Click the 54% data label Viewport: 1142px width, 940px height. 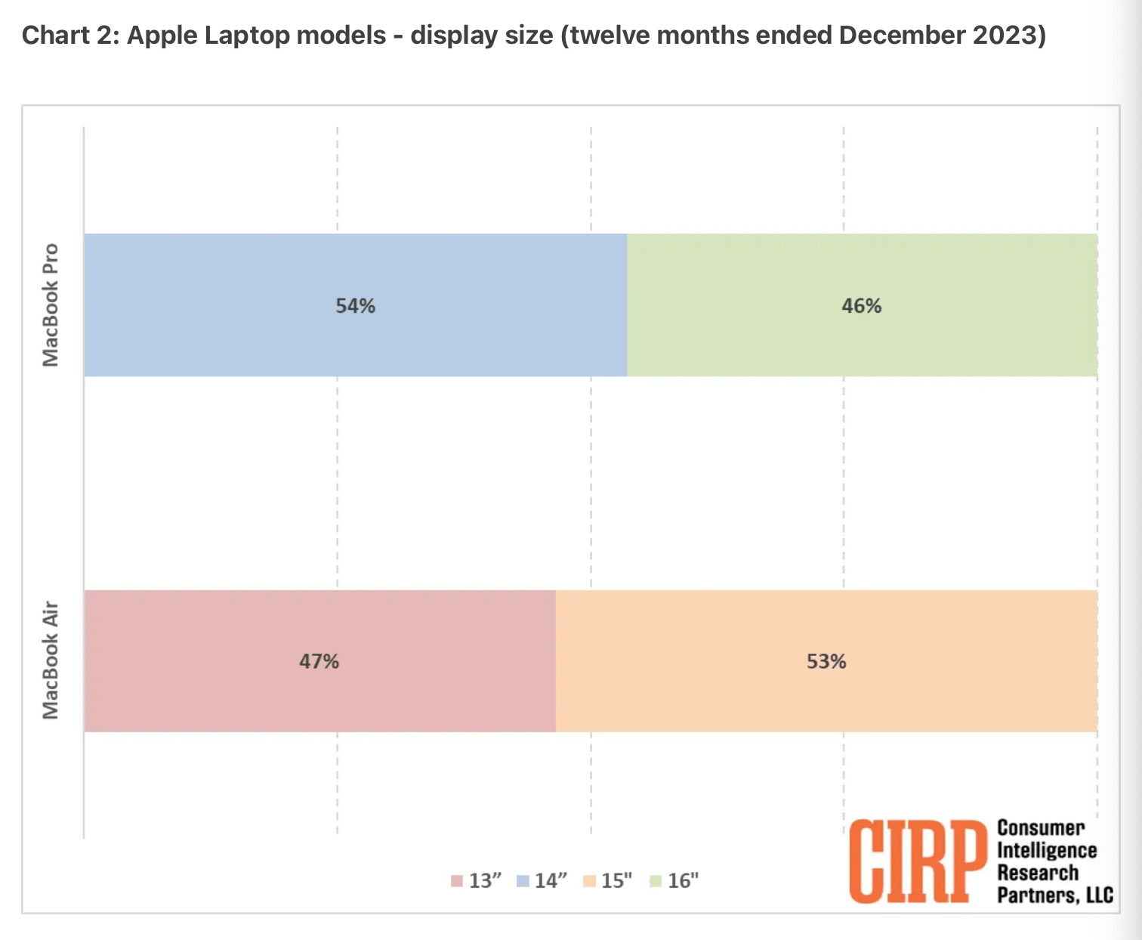pyautogui.click(x=355, y=306)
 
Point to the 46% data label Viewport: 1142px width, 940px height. pyautogui.click(x=861, y=306)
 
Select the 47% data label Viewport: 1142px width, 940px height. pyautogui.click(x=319, y=662)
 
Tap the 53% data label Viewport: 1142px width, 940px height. pyautogui.click(x=826, y=662)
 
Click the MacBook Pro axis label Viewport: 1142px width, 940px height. pyautogui.click(x=51, y=305)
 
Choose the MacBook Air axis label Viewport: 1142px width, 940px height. pyautogui.click(x=51, y=660)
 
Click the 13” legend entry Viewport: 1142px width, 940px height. pyautogui.click(x=477, y=881)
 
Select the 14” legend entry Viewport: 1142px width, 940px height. pyautogui.click(x=542, y=881)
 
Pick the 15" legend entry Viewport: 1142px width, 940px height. pyautogui.click(x=609, y=881)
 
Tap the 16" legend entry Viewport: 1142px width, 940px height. pyautogui.click(x=675, y=881)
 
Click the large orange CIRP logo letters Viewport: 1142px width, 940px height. pyautogui.click(x=918, y=861)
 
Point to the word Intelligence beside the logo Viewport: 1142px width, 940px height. pyautogui.click(x=1047, y=851)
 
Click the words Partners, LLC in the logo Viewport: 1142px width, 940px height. pyautogui.click(x=1055, y=895)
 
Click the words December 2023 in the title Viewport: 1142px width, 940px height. pyautogui.click(x=942, y=36)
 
